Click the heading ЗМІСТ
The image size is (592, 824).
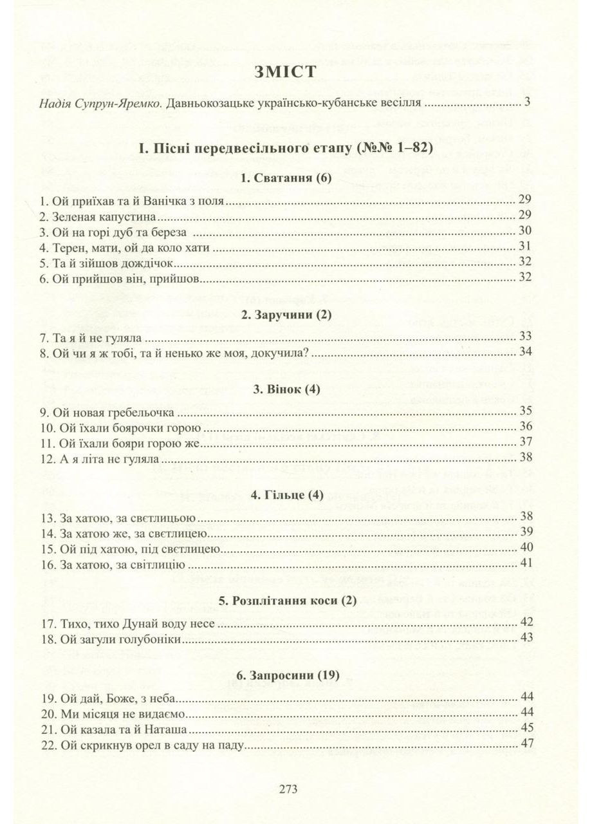286,71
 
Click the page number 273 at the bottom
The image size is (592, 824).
287,789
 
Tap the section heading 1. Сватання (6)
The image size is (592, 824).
285,179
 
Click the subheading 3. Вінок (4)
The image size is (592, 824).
286,389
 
